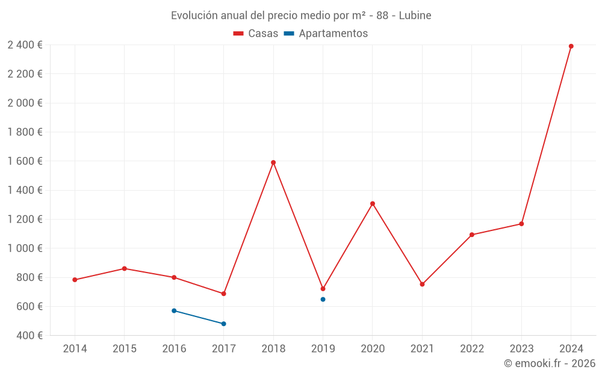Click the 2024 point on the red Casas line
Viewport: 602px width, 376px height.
click(571, 46)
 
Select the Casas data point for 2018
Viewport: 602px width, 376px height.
click(273, 162)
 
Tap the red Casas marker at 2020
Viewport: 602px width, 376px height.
click(373, 203)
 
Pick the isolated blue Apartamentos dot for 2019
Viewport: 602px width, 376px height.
click(323, 299)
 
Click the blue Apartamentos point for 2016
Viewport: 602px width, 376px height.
click(174, 310)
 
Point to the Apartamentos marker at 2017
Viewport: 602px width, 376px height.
click(223, 324)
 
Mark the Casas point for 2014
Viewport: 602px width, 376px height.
click(75, 280)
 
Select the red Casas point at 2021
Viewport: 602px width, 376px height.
click(422, 284)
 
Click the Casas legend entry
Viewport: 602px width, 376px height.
click(256, 34)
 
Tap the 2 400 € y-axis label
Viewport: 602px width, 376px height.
click(25, 45)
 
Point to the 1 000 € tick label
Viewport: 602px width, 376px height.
click(25, 248)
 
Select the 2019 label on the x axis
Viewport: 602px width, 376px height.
click(323, 349)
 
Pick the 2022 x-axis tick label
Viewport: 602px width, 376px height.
click(471, 349)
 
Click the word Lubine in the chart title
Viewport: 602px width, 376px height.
click(415, 16)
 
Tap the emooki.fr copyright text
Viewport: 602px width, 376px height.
click(550, 363)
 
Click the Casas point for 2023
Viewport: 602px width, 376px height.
click(521, 224)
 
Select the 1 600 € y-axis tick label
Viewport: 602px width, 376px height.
click(25, 161)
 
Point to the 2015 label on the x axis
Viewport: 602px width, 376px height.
click(124, 349)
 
